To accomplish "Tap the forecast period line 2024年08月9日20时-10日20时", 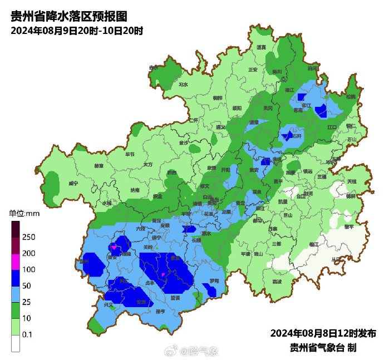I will [x=77, y=31].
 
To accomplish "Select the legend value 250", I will [x=29, y=237].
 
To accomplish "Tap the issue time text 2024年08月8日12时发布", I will [x=323, y=333].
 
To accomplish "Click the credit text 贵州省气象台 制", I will [x=323, y=347].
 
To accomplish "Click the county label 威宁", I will [x=73, y=183].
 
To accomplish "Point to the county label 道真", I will [x=261, y=48].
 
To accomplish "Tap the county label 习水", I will [x=183, y=85].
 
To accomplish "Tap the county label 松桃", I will [x=350, y=97].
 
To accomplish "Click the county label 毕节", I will [x=130, y=154].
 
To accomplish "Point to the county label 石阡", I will [x=297, y=136].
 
